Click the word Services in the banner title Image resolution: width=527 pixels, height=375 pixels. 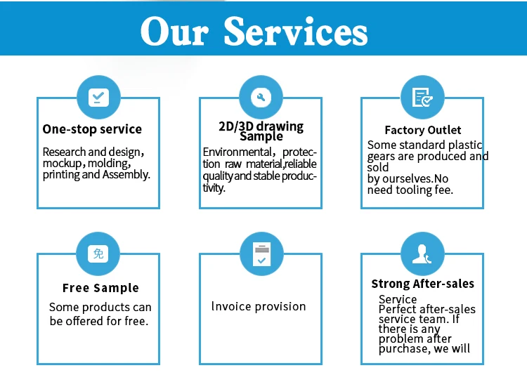coord(296,32)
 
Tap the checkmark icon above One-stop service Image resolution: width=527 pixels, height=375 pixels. coord(98,97)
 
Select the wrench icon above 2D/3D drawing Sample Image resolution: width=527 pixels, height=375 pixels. coord(261,97)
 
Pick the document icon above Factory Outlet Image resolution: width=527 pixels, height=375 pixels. coord(422,97)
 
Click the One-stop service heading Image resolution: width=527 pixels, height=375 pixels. coord(92,129)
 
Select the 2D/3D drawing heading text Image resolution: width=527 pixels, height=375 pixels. coord(261,126)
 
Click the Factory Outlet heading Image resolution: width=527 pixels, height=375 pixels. coord(423,130)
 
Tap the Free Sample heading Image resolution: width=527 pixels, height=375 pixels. coord(100,288)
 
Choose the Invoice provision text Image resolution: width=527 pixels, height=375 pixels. coord(259,306)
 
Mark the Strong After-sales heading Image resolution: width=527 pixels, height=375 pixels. coord(423,284)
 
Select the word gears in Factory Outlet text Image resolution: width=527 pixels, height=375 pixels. coord(382,156)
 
